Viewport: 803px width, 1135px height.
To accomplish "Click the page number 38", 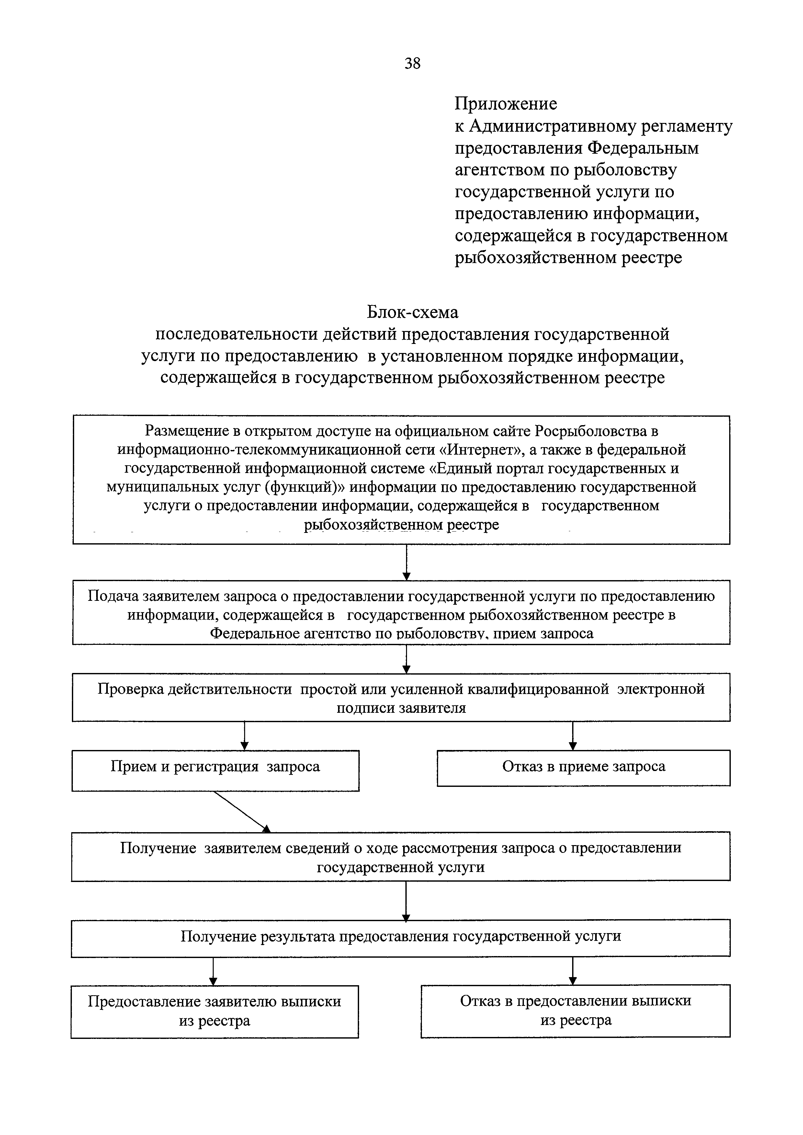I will click(412, 63).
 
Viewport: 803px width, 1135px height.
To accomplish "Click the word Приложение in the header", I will click(506, 104).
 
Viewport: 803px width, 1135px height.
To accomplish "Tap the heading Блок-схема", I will click(412, 313).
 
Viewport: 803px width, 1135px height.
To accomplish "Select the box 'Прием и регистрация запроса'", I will click(215, 770).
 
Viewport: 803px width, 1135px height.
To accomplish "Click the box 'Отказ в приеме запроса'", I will click(583, 768).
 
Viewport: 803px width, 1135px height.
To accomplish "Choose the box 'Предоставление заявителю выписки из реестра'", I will click(214, 1011).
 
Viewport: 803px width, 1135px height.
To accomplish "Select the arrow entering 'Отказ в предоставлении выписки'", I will click(572, 971).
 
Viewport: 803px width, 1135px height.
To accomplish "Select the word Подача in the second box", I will click(113, 596).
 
